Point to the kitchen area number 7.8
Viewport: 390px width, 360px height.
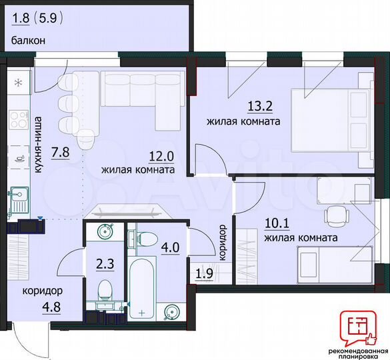point(60,151)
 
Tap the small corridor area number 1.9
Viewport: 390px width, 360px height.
point(201,273)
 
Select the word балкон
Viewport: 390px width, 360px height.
point(29,40)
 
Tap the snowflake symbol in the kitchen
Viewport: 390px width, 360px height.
point(19,83)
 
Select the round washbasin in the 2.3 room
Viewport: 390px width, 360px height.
point(104,231)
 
